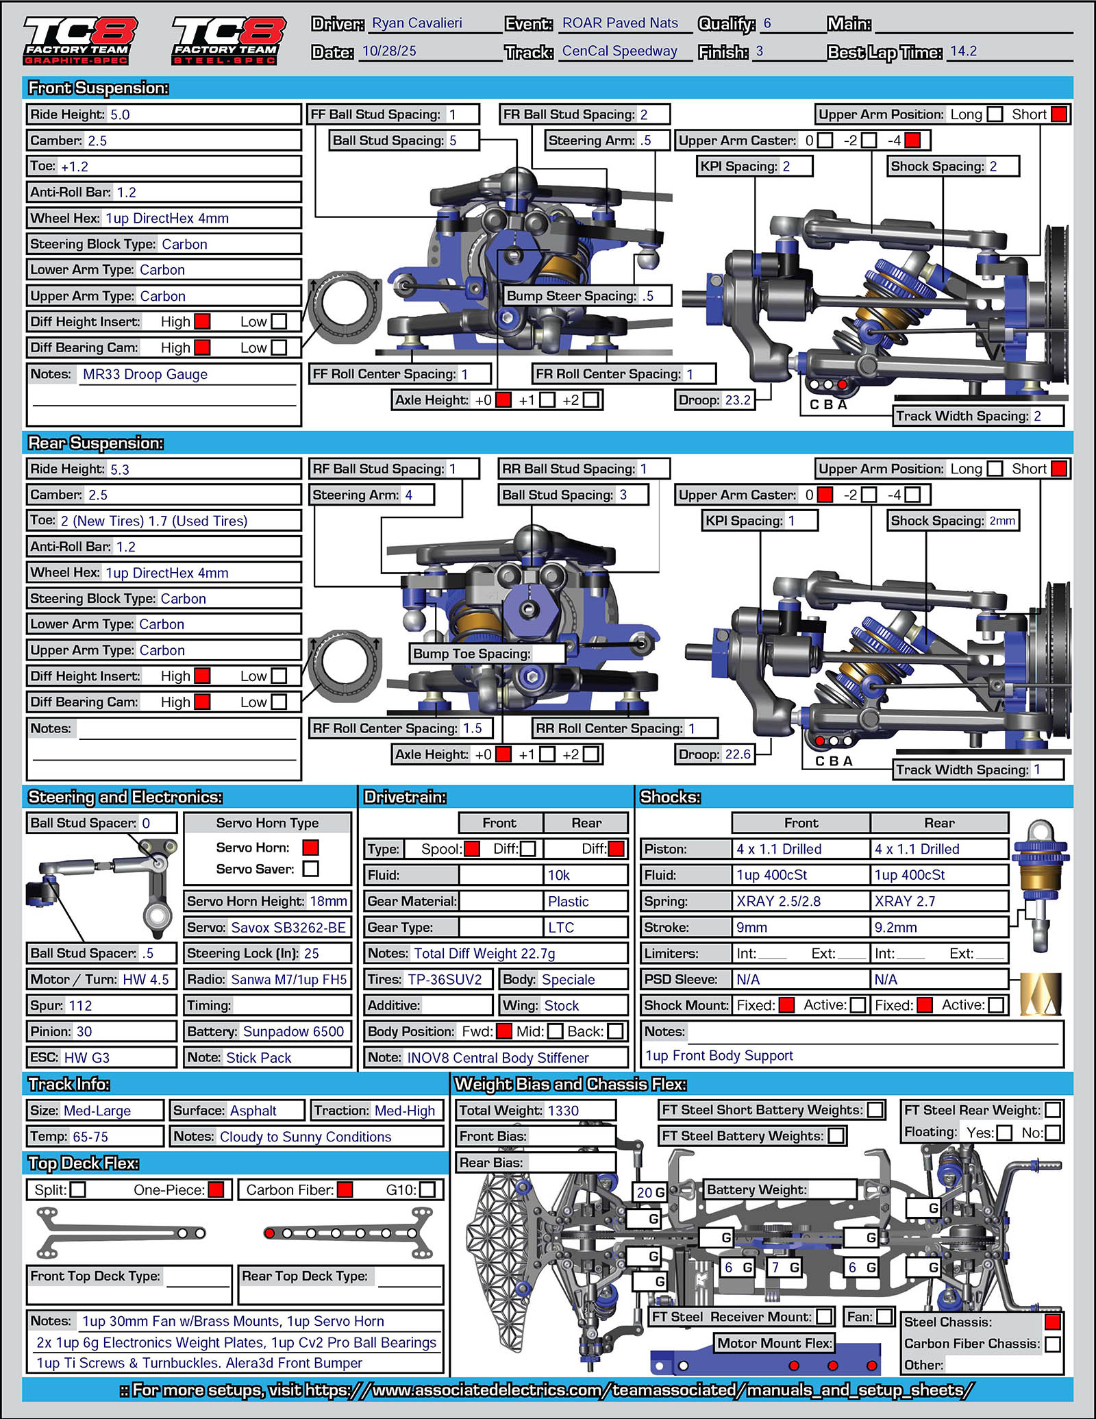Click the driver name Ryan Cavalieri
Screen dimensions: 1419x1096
click(x=416, y=23)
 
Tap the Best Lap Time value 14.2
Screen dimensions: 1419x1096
click(x=963, y=51)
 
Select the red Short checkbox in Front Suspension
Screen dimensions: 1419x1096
click(x=1058, y=114)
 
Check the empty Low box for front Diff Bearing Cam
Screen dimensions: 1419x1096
click(x=279, y=347)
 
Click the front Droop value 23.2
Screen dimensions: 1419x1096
click(x=738, y=400)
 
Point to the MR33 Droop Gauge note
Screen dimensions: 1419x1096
click(x=145, y=374)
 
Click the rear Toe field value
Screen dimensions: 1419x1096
click(x=154, y=521)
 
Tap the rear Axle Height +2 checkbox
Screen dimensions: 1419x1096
click(x=591, y=754)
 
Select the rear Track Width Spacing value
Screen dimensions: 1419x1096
click(x=1037, y=769)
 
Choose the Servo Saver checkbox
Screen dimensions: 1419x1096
click(x=311, y=869)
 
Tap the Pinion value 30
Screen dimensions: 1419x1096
click(x=84, y=1032)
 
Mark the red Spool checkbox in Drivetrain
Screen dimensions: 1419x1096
click(x=472, y=849)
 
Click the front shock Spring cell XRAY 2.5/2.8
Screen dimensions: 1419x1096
click(x=778, y=902)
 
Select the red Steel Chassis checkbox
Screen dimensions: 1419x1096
click(x=1053, y=1322)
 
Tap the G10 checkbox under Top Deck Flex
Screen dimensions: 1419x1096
click(x=427, y=1189)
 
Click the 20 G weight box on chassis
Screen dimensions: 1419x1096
click(x=650, y=1192)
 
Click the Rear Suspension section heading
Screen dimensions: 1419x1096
click(x=96, y=443)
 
